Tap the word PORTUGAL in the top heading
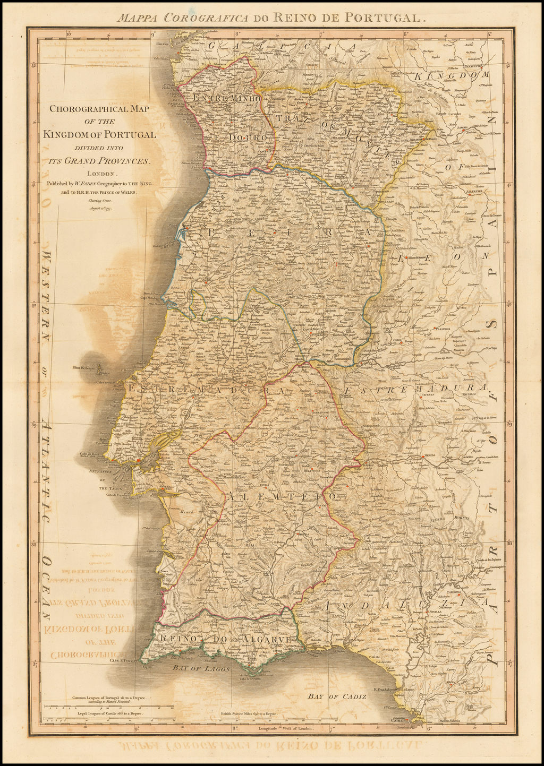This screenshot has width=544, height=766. point(382,16)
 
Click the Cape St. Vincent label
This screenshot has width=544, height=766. point(124,661)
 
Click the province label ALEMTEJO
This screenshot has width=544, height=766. point(282,496)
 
